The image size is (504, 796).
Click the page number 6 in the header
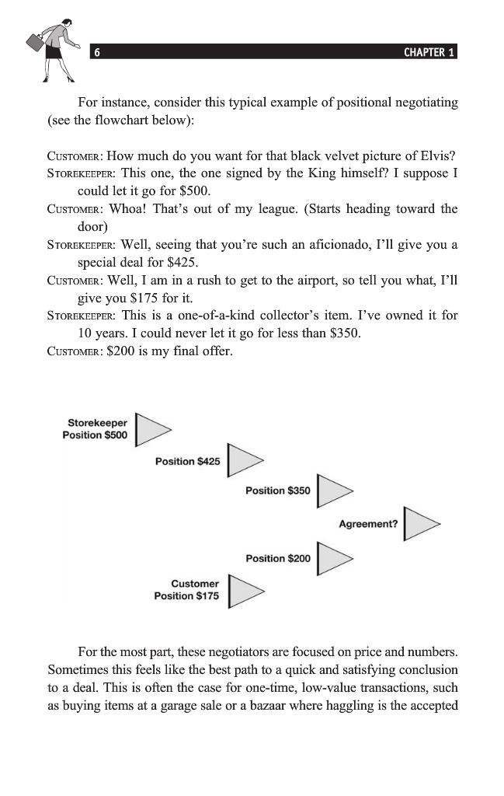pyautogui.click(x=96, y=53)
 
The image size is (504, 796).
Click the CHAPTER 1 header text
pyautogui.click(x=429, y=53)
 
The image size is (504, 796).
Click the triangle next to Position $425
pyautogui.click(x=243, y=462)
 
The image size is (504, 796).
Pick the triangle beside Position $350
pyautogui.click(x=333, y=491)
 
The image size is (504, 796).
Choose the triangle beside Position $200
pyautogui.click(x=333, y=558)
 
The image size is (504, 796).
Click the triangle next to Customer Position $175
pyautogui.click(x=243, y=590)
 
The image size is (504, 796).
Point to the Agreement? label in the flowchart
pyautogui.click(x=368, y=524)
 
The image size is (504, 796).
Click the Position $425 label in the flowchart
pyautogui.click(x=187, y=462)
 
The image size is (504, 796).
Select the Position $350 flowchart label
pyautogui.click(x=277, y=491)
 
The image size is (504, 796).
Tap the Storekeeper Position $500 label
pyautogui.click(x=96, y=429)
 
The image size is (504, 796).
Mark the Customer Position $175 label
pyautogui.click(x=186, y=590)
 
